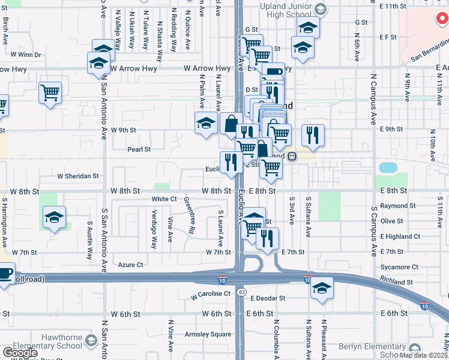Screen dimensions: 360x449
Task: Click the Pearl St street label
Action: tap(138, 149)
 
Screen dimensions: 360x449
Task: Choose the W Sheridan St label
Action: tap(78, 176)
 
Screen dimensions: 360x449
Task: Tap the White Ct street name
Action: tap(164, 199)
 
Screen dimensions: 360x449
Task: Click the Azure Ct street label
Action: tap(130, 264)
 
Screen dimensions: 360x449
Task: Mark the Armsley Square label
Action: tap(208, 334)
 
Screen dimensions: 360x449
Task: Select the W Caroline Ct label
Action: tap(211, 295)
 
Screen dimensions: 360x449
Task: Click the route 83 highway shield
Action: tap(241, 292)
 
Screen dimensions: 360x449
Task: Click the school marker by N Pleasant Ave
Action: tap(322, 288)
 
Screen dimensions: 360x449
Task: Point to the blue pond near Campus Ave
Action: tap(388, 167)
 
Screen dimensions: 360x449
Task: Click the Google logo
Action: tap(20, 353)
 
